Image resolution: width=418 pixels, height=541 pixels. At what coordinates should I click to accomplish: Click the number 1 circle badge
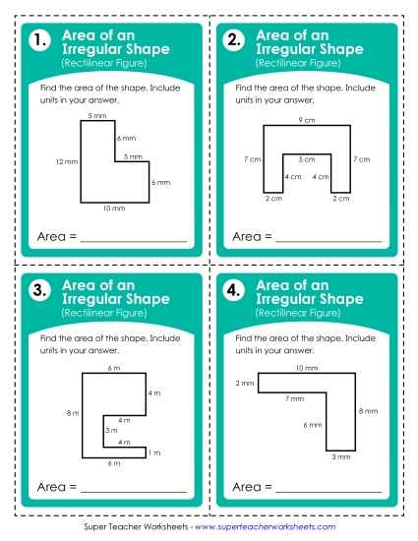click(x=39, y=41)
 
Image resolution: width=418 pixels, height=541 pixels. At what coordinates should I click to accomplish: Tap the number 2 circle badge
click(x=234, y=41)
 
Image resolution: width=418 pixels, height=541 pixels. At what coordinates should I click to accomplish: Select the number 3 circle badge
click(x=39, y=290)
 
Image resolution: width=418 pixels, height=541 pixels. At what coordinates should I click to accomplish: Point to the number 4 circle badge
click(x=234, y=290)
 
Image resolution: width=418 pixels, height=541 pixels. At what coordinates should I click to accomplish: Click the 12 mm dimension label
click(x=66, y=160)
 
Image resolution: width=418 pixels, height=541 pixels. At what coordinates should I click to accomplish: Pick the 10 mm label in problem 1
click(x=114, y=209)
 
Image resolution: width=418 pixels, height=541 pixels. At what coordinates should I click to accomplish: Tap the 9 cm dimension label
click(x=306, y=119)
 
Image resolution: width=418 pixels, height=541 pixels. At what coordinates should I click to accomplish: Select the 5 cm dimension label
click(x=306, y=158)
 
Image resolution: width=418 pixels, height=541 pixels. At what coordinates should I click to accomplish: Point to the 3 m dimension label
click(x=111, y=430)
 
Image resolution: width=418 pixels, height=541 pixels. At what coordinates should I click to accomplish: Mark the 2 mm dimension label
click(x=244, y=383)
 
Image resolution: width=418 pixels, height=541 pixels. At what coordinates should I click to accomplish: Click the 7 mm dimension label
click(x=294, y=398)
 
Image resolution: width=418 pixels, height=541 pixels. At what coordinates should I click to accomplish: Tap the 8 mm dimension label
click(x=367, y=410)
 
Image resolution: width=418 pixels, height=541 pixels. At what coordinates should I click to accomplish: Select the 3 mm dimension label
click(x=338, y=457)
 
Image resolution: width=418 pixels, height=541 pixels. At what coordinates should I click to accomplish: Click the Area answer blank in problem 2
click(x=328, y=238)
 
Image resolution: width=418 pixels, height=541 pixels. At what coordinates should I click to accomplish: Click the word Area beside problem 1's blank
click(x=52, y=237)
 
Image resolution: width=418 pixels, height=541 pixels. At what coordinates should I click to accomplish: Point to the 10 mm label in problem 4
click(x=306, y=368)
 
